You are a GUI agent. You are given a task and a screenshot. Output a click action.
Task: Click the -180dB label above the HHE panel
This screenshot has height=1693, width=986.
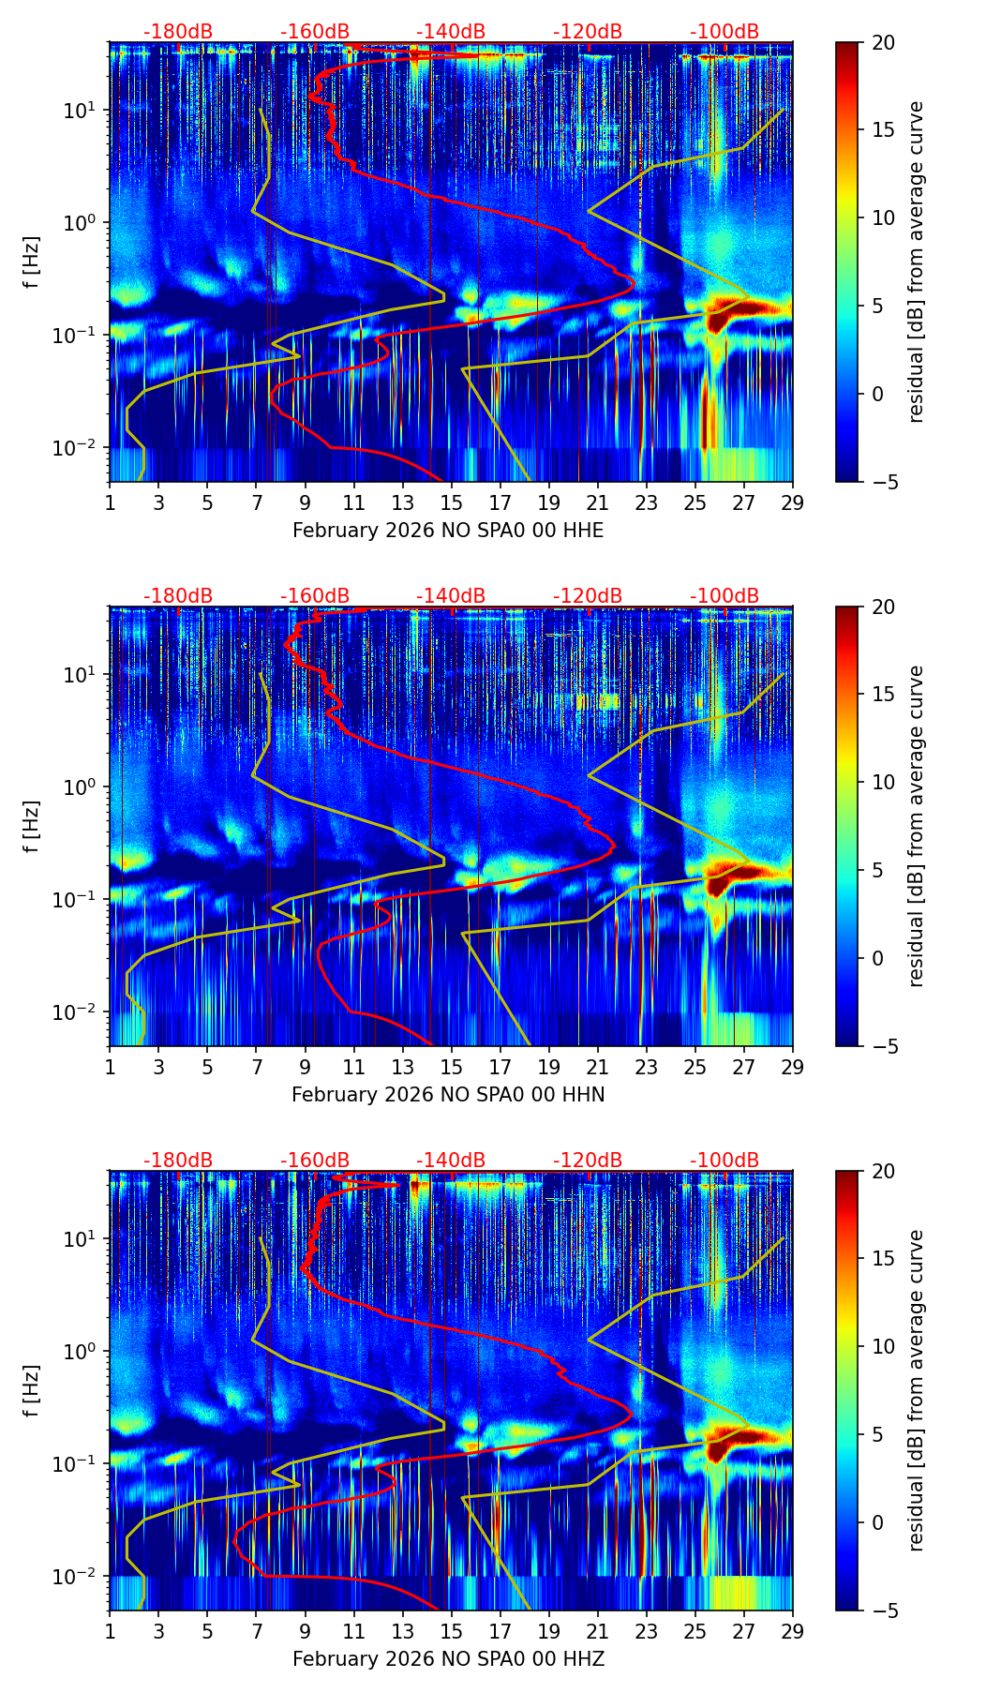[178, 32]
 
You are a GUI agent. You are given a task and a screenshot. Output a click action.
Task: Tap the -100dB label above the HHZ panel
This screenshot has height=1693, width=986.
[725, 1161]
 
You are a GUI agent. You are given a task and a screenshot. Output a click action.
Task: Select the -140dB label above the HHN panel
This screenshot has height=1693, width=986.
[451, 596]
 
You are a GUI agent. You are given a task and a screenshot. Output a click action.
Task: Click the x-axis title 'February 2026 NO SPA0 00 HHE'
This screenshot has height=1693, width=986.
[448, 531]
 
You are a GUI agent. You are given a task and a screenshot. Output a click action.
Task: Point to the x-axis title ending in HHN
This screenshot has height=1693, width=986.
[448, 1095]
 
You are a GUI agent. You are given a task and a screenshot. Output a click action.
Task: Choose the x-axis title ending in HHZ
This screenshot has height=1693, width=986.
[448, 1659]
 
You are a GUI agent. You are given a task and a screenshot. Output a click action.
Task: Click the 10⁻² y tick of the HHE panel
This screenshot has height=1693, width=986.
[80, 448]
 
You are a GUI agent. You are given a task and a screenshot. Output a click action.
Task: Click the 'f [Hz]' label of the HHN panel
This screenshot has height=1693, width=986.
[32, 826]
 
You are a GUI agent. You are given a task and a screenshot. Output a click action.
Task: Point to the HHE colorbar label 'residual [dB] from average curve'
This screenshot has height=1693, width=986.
[917, 262]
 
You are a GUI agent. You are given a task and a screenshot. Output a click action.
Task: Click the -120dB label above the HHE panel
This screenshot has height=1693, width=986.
[588, 32]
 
